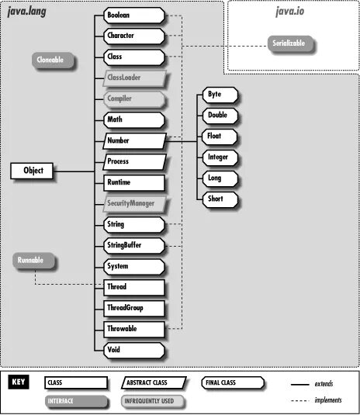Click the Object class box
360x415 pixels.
click(x=33, y=171)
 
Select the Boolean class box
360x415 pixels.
click(x=133, y=15)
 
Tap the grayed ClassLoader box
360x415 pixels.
click(x=133, y=78)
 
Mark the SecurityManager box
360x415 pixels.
click(x=133, y=204)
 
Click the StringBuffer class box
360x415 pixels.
click(x=133, y=246)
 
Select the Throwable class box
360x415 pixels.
click(x=133, y=329)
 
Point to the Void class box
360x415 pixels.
click(x=133, y=350)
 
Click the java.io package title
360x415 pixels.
click(x=292, y=11)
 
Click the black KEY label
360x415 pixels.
click(x=21, y=382)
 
